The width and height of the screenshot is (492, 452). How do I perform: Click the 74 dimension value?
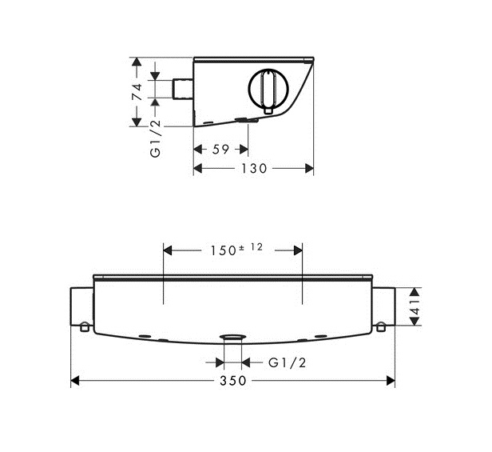tap(137, 92)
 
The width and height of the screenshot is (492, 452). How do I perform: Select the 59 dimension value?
tap(220, 150)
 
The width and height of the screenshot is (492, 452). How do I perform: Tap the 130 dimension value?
tap(254, 169)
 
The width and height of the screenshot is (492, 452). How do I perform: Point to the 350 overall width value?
tap(233, 381)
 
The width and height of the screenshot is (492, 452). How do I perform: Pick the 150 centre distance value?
tap(223, 251)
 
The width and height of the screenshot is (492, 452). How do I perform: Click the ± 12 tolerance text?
tap(251, 247)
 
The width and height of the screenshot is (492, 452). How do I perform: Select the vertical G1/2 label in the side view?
tap(155, 138)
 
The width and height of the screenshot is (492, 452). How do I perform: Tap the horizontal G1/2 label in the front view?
tap(287, 363)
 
